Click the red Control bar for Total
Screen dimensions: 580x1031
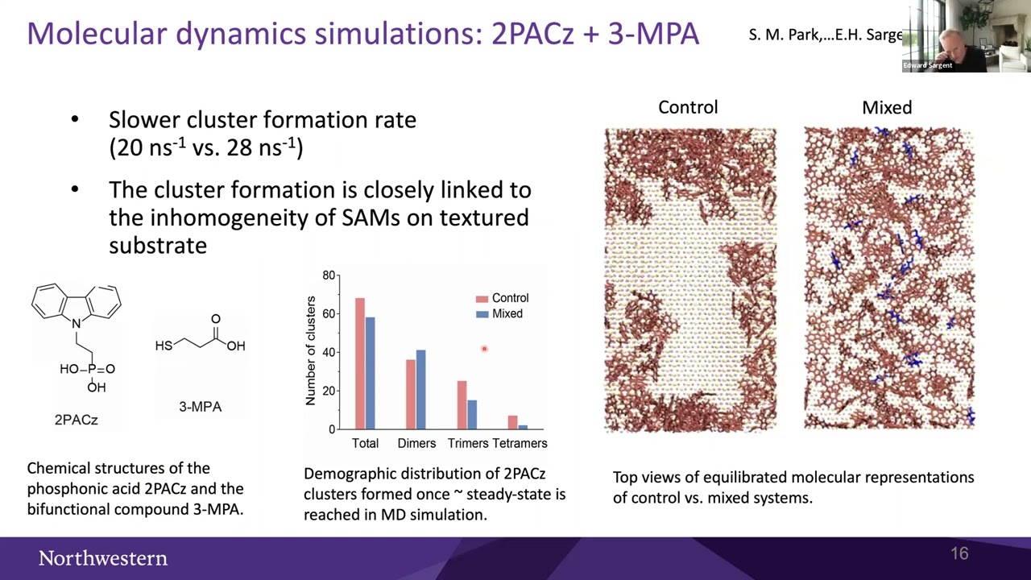pos(360,363)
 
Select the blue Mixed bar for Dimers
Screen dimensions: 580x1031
pos(420,390)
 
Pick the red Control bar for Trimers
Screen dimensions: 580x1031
pos(462,405)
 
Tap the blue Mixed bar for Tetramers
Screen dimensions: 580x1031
pos(523,427)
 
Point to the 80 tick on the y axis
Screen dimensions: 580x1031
pos(329,275)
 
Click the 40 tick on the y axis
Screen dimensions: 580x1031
pos(329,353)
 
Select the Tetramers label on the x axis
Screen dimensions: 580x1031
pos(520,443)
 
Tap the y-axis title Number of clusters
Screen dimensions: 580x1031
pos(311,351)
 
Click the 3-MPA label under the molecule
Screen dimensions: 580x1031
pos(200,407)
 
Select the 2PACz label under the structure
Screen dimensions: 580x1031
pos(76,420)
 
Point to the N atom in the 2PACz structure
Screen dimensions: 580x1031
pos(77,324)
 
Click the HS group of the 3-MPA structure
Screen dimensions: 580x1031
pos(164,346)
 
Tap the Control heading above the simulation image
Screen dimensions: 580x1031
pos(688,107)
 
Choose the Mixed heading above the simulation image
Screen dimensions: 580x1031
pos(887,107)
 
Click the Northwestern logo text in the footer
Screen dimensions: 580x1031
pos(103,558)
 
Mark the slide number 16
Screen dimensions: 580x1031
pos(959,553)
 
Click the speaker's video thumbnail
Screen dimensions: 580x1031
pos(967,36)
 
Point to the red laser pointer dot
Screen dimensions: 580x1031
pos(484,349)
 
